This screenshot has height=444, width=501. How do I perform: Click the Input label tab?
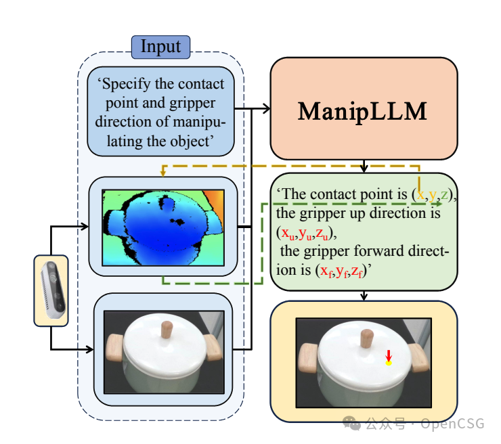(x=160, y=47)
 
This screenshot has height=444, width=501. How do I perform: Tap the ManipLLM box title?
(x=363, y=110)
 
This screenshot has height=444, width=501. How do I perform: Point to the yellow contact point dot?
(x=389, y=363)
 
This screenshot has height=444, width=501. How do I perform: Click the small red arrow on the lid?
(x=389, y=355)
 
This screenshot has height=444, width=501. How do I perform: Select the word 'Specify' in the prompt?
(x=125, y=85)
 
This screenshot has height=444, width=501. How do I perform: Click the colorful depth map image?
(x=162, y=227)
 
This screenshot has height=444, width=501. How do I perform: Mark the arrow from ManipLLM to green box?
(x=364, y=166)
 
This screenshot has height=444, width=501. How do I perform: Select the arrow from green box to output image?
(x=364, y=294)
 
